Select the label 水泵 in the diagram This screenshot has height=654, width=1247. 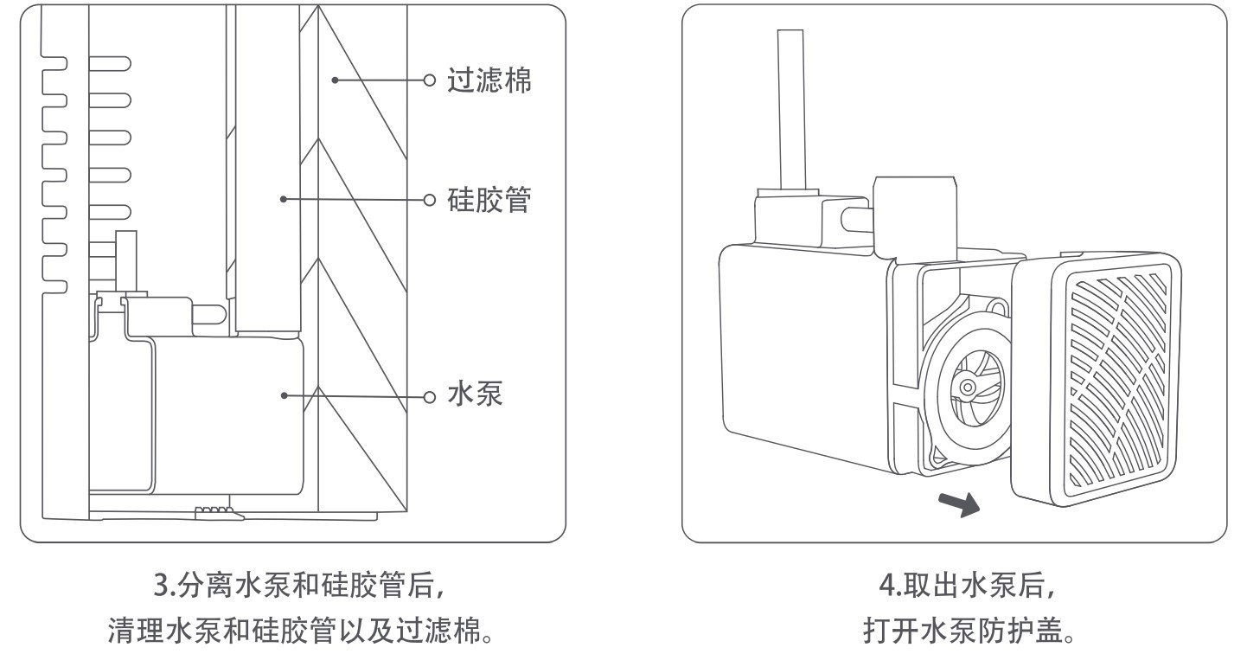[x=475, y=396]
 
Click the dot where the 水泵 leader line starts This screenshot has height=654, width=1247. [x=285, y=396]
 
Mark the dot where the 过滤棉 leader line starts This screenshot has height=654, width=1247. [x=335, y=80]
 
